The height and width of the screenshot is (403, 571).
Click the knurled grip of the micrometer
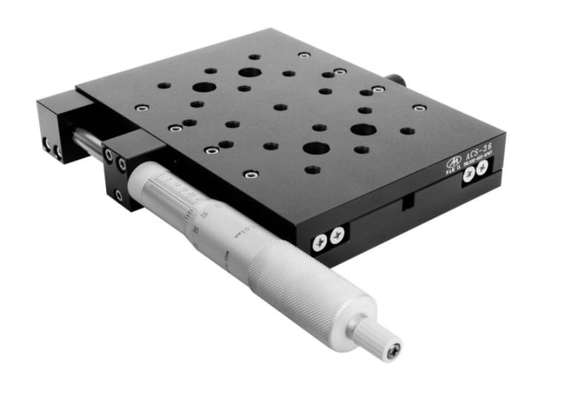tap(304, 278)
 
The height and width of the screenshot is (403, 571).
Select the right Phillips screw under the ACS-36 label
tap(482, 168)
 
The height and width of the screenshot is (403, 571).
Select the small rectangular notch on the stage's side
tap(407, 201)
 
